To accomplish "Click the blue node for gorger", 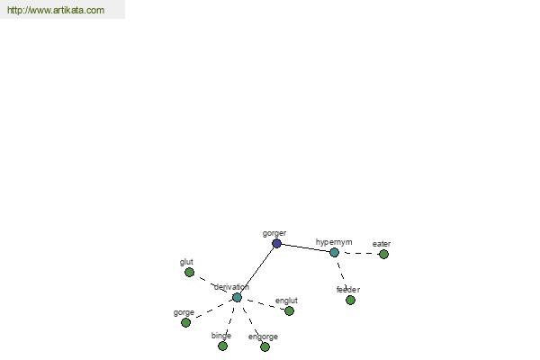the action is pos(276,244).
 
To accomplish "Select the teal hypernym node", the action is pos(334,253).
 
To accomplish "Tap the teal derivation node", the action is pos(237,297).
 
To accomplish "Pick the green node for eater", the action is pos(383,254).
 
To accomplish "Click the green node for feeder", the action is pos(350,300).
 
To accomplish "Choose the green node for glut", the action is pos(189,273).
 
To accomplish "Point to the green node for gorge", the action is pos(185,322).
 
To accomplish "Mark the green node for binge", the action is pos(223,346).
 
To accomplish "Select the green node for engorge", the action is pos(265,346).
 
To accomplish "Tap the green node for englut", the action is pos(289,310).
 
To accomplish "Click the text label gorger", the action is pos(274,234).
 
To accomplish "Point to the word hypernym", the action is pos(334,242).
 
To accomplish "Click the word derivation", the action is pos(231,287).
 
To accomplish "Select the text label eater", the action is pos(382,244).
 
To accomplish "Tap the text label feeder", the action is pos(348,290).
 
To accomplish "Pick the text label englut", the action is pos(286,301).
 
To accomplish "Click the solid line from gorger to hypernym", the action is pos(305,248).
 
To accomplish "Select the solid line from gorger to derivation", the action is pos(256,270).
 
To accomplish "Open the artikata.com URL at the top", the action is pos(56,10).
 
